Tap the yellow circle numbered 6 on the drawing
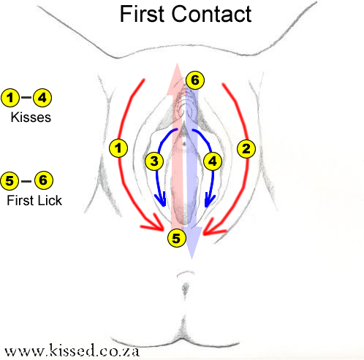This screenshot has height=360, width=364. click(x=194, y=80)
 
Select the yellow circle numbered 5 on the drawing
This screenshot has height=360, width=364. click(x=175, y=237)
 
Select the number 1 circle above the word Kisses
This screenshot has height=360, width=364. click(x=11, y=97)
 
